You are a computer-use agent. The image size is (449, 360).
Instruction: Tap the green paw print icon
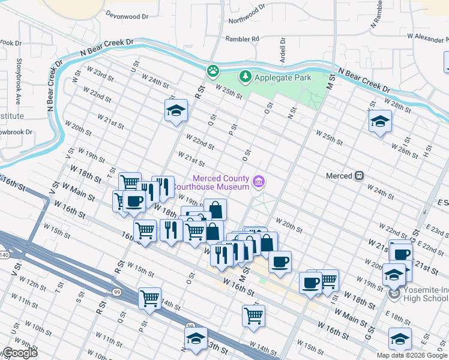tap(213, 71)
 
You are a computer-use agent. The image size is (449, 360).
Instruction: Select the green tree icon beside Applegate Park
tap(245, 77)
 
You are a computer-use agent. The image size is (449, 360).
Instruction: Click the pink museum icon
tap(259, 181)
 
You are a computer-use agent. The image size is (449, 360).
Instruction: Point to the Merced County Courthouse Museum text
tap(220, 182)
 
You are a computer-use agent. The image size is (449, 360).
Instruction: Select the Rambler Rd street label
tap(242, 39)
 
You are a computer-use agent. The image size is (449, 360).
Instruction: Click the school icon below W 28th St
tap(379, 122)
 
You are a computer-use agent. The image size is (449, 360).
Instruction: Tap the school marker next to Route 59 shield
tap(196, 339)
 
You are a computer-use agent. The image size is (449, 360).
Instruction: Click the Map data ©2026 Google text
tap(412, 355)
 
